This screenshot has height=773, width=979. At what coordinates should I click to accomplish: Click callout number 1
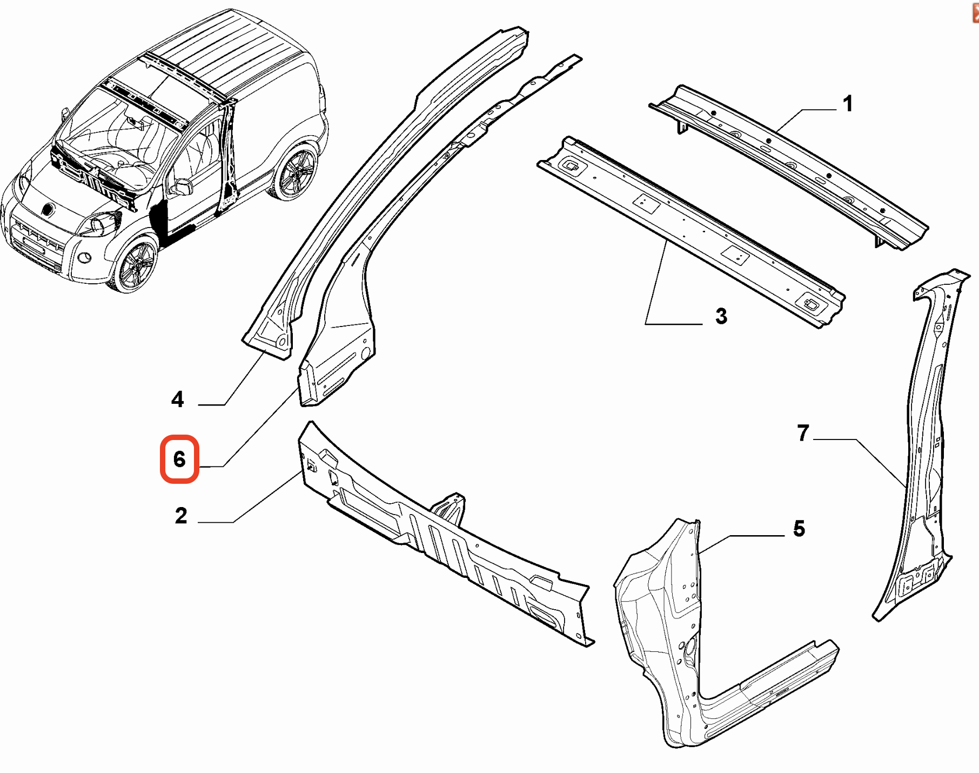point(848,103)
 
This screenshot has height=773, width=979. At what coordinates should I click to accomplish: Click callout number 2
point(181,515)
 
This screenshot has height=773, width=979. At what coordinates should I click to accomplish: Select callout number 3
point(721,316)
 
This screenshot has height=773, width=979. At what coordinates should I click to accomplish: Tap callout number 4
point(177,399)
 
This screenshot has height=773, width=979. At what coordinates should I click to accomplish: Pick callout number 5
point(799,528)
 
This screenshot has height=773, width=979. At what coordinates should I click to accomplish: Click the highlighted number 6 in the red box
point(179,459)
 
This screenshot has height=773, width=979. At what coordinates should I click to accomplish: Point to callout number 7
point(803,432)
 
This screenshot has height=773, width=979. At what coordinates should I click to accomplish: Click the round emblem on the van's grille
point(47,209)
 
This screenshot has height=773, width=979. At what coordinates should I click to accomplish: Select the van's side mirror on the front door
point(181,187)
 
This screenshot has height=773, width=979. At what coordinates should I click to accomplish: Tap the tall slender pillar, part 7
point(927,432)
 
